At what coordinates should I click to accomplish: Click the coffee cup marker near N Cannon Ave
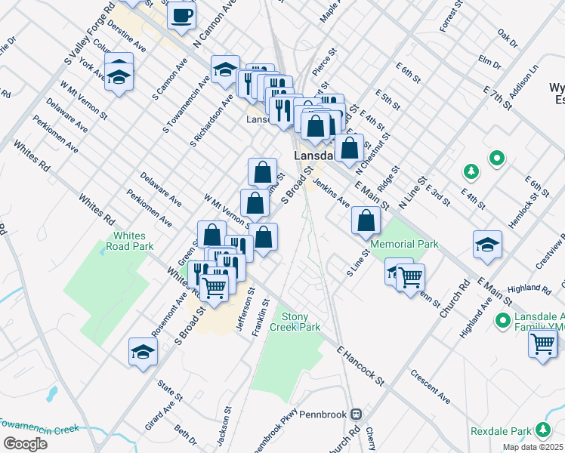pyautogui.click(x=181, y=15)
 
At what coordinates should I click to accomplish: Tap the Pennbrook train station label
pyautogui.click(x=326, y=414)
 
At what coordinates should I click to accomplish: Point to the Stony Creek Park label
pyautogui.click(x=301, y=322)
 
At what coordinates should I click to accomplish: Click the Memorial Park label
pyautogui.click(x=404, y=245)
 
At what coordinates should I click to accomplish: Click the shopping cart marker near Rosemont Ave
pyautogui.click(x=215, y=285)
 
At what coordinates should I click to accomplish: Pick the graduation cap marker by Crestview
pyautogui.click(x=487, y=245)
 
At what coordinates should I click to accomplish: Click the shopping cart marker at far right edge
pyautogui.click(x=544, y=344)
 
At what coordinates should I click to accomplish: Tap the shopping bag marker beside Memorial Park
pyautogui.click(x=366, y=221)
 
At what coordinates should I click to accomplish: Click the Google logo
pyautogui.click(x=25, y=443)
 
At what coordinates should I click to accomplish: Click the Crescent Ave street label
pyautogui.click(x=431, y=386)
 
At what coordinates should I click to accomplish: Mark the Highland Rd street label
pyautogui.click(x=530, y=288)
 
